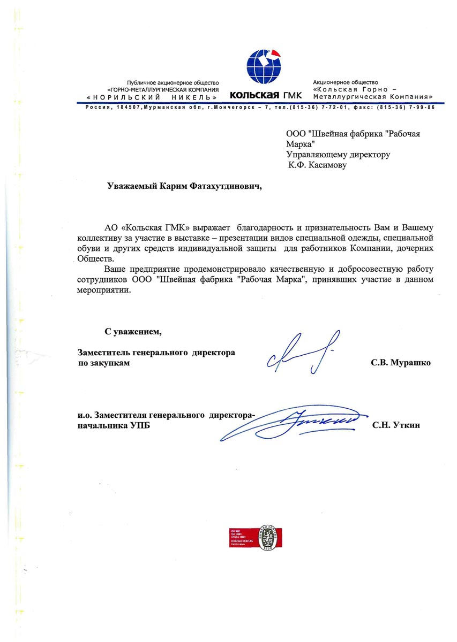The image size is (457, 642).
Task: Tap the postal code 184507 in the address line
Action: (125, 108)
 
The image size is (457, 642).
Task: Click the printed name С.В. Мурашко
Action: (401, 363)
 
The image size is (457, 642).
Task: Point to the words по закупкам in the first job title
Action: (103, 363)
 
